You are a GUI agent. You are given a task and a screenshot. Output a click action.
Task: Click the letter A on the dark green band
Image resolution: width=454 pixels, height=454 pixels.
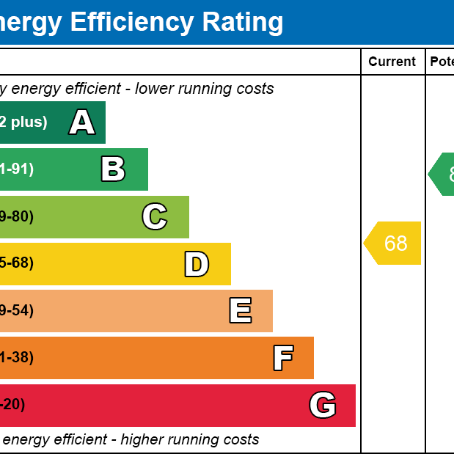click(x=82, y=122)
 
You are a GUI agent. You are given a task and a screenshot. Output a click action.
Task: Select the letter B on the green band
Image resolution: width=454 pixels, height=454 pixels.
click(x=113, y=169)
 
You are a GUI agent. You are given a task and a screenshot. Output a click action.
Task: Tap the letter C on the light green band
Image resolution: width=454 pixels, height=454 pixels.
click(x=155, y=216)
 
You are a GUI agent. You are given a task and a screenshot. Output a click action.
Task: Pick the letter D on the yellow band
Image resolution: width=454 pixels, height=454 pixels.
click(x=197, y=264)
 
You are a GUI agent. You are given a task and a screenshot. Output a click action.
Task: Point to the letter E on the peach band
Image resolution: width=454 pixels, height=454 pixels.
click(x=241, y=311)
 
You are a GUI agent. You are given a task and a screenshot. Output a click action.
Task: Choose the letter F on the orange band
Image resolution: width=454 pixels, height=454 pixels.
click(x=283, y=358)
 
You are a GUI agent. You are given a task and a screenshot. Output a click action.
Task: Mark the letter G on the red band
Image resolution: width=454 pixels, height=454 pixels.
click(x=323, y=405)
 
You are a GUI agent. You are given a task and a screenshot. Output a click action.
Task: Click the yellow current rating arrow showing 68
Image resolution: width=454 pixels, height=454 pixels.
click(x=393, y=243)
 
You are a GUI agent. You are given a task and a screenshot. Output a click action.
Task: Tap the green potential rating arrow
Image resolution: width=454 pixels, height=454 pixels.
click(x=442, y=175)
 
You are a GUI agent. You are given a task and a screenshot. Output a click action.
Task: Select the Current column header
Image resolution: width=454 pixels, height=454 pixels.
click(x=392, y=62)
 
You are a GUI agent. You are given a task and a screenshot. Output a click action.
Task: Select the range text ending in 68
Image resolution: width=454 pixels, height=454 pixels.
click(x=16, y=263)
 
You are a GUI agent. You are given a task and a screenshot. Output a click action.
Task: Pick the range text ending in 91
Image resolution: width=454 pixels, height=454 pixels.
click(x=16, y=169)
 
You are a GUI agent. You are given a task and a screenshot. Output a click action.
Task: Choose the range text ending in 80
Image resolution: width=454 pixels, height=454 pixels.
click(x=16, y=216)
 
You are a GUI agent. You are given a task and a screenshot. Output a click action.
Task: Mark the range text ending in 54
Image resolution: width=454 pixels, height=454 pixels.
click(x=16, y=310)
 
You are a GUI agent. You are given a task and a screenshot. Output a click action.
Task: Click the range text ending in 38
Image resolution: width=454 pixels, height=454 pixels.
click(x=16, y=358)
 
